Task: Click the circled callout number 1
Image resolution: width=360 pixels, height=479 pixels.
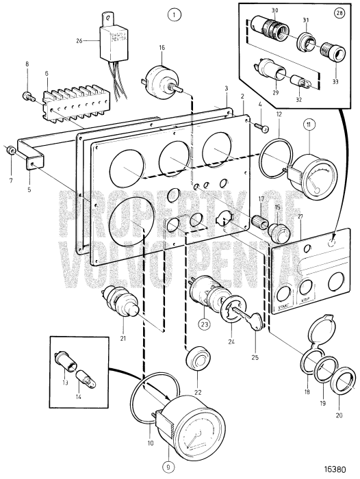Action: point(176,14)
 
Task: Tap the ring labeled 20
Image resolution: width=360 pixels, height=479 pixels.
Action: point(342,378)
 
